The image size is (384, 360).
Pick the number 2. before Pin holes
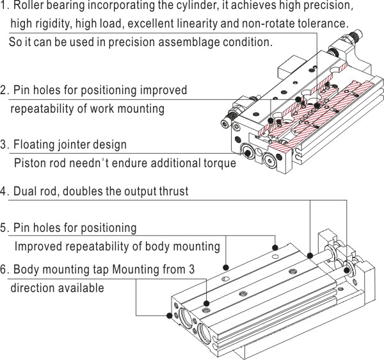tap(4, 90)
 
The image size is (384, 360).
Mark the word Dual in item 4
tap(26, 192)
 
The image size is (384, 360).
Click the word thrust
tap(172, 192)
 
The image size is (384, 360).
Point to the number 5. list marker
tap(4, 228)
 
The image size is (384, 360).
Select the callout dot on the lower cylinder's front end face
tap(169, 315)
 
